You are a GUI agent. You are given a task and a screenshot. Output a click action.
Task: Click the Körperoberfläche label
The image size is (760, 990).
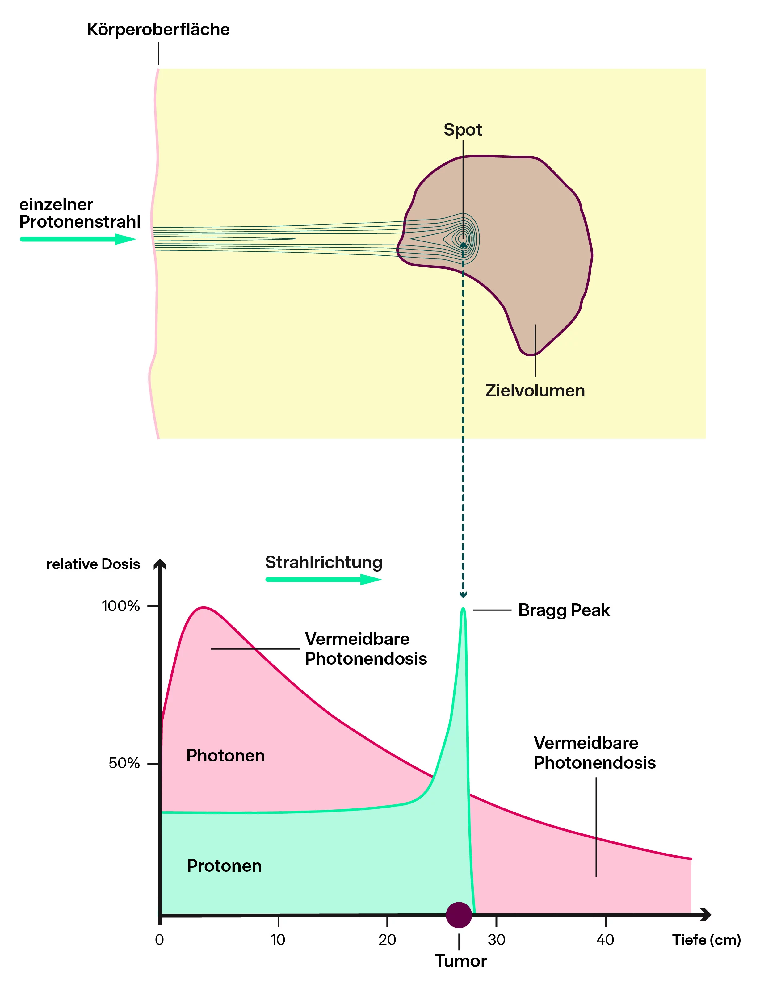coord(158,30)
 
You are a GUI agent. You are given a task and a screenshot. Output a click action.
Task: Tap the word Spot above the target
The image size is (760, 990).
coord(462,130)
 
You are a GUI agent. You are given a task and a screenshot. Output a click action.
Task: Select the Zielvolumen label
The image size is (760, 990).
coord(535,391)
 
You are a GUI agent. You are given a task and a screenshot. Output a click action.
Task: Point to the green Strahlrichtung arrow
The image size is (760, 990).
coord(323,579)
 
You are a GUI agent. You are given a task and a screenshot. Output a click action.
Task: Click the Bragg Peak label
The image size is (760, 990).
coord(564,610)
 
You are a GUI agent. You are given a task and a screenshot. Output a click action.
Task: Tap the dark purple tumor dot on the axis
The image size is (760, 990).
coord(459,915)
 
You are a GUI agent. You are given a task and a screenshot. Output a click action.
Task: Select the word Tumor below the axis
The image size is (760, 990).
coord(460,961)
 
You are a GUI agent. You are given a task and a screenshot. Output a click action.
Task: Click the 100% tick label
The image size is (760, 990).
coord(121,606)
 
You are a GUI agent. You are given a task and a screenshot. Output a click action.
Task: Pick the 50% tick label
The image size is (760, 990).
coord(124,763)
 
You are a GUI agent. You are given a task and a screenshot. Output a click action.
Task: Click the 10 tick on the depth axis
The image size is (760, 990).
coord(278,940)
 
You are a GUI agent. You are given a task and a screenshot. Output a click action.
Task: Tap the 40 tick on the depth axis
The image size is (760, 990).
coord(605,940)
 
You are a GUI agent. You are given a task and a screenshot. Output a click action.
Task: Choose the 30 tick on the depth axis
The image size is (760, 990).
coord(496,940)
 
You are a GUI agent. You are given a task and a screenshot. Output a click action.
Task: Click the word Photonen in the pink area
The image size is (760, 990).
coord(225,756)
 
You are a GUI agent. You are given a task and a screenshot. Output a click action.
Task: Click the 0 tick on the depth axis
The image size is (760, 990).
coord(159,940)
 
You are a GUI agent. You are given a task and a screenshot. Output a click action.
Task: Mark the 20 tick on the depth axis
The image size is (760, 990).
coord(387,940)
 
